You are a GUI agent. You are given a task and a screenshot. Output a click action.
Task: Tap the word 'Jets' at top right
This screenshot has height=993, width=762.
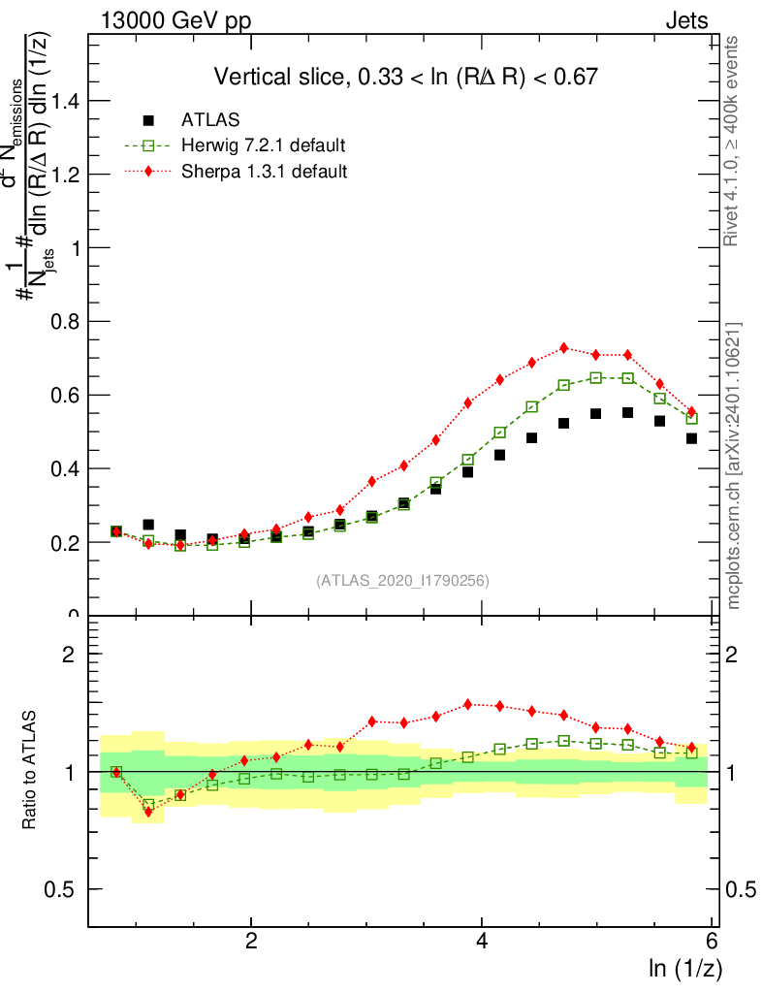pyautogui.click(x=685, y=20)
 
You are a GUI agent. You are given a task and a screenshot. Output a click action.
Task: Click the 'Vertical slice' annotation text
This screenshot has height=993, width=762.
pyautogui.click(x=405, y=77)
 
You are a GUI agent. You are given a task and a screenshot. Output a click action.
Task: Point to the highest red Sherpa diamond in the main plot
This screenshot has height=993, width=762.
pyautogui.click(x=564, y=348)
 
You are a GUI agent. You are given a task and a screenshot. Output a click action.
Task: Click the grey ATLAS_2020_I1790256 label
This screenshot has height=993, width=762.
pyautogui.click(x=401, y=581)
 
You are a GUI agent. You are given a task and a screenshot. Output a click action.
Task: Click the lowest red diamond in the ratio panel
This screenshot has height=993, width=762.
pyautogui.click(x=148, y=812)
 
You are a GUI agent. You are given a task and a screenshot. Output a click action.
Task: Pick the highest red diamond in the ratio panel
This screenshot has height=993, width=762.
pyautogui.click(x=468, y=704)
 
